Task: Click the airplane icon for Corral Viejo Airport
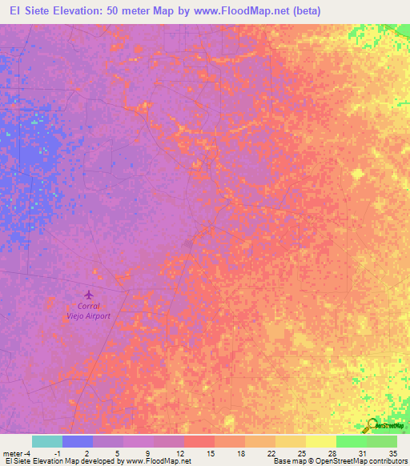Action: [x=88, y=295]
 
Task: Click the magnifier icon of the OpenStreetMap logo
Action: [x=371, y=426]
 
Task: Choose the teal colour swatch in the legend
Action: [x=47, y=441]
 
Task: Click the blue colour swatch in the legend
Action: [x=78, y=441]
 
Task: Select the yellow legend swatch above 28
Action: [x=321, y=441]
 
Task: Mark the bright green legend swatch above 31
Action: [x=352, y=441]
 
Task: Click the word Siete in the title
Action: [x=49, y=11]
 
